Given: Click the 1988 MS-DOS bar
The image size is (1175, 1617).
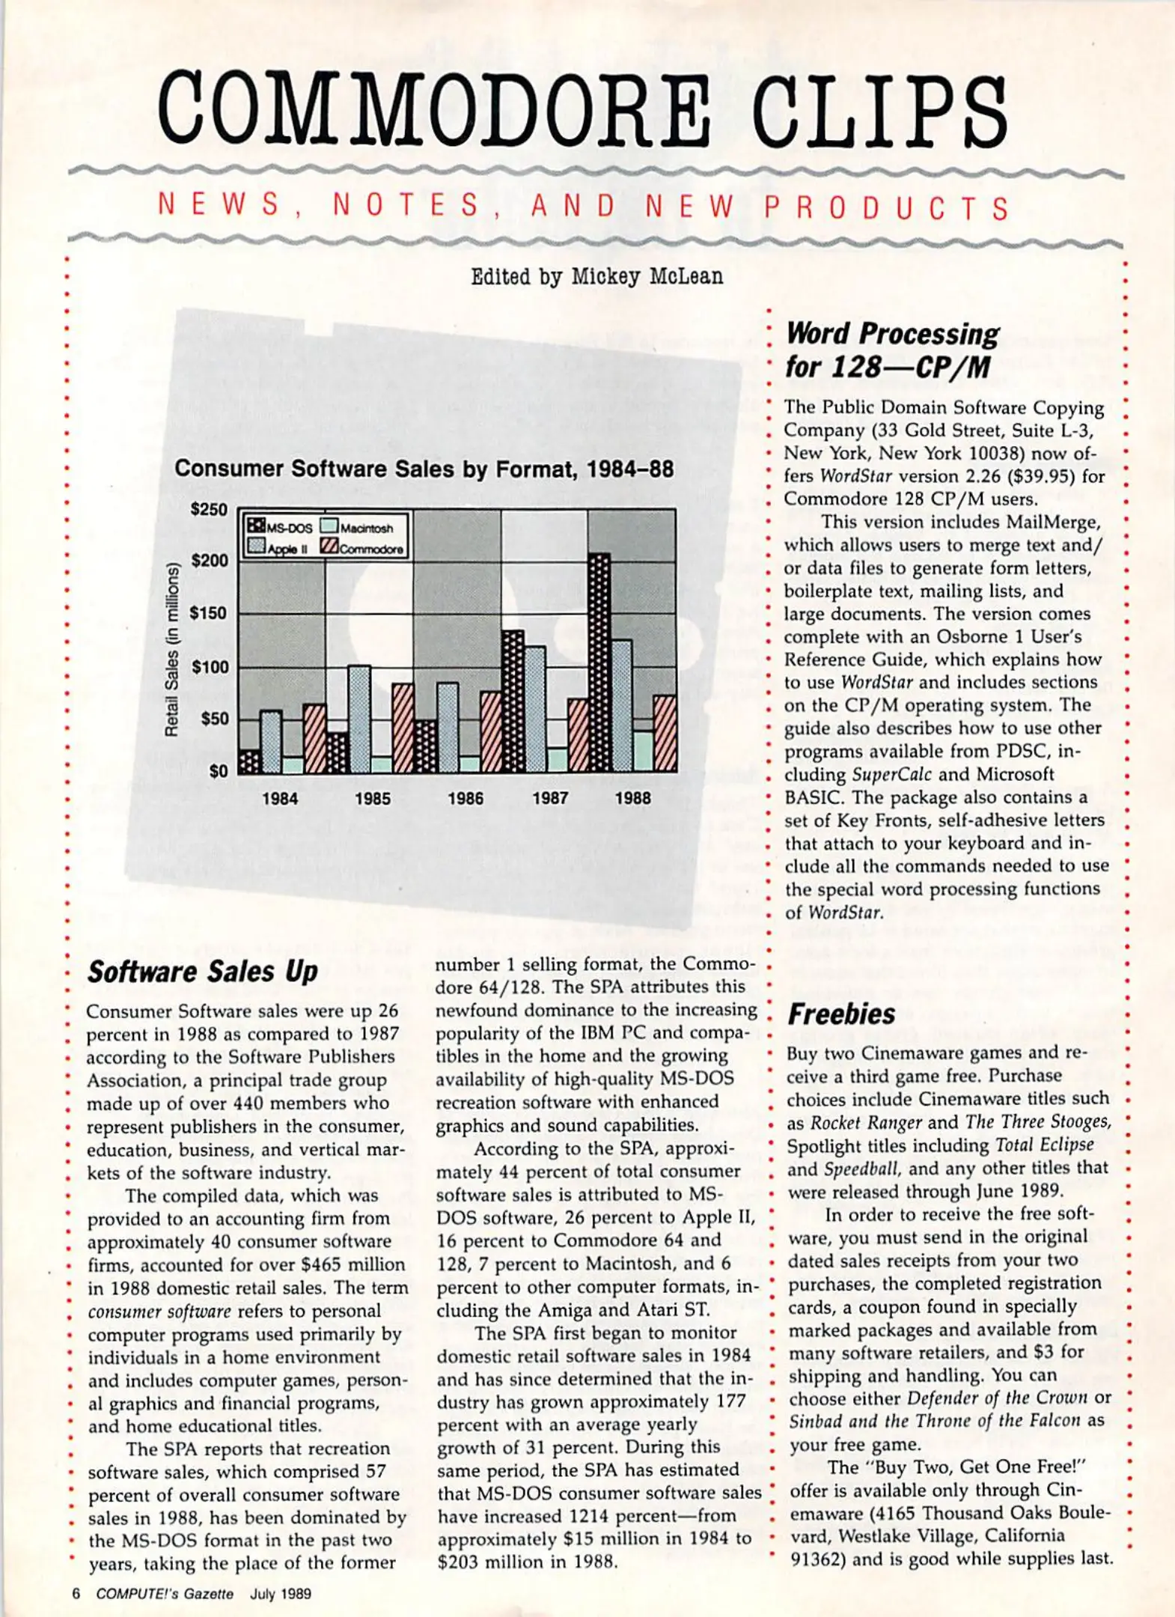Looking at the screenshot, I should point(599,663).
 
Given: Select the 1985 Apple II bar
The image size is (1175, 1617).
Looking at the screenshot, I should point(360,719).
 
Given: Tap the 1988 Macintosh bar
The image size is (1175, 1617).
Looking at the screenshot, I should point(643,751).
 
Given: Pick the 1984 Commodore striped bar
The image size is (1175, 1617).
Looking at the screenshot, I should point(315,738).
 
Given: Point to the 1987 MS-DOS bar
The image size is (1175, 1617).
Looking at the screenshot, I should point(513,701).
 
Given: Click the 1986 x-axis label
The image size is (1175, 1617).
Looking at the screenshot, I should point(465,798).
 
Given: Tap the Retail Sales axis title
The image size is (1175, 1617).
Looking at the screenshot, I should point(172,648).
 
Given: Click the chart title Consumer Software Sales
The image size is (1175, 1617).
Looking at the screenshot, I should point(424,469).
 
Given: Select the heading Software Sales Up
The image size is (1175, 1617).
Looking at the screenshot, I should point(202,972).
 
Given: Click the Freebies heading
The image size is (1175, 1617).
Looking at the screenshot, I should point(840,1014).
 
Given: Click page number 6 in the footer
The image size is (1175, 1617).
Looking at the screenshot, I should point(76,1593).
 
